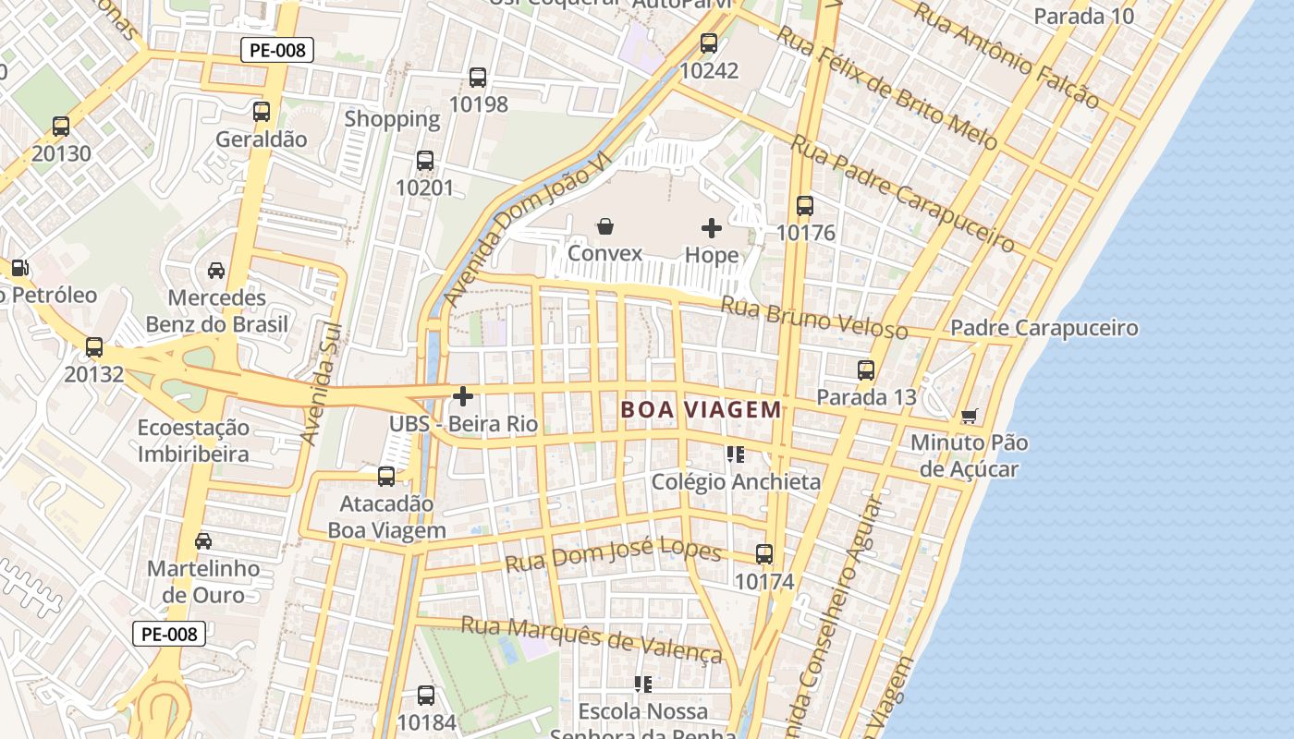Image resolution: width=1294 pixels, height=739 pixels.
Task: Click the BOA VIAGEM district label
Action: tap(702, 409)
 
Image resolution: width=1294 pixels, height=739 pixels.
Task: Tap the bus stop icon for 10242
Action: tap(709, 43)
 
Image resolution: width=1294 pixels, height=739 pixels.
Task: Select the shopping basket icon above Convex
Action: tap(605, 226)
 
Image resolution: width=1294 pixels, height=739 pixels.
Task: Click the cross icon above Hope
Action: tap(712, 227)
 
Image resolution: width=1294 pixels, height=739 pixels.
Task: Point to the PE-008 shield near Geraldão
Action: tap(277, 50)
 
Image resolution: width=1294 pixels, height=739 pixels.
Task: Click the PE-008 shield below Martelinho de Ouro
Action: tap(168, 634)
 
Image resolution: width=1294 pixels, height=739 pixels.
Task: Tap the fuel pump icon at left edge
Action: tap(18, 268)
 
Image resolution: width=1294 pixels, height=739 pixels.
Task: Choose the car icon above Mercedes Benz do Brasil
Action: tap(216, 271)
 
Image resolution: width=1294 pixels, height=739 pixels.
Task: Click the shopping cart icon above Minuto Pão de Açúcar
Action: tap(969, 416)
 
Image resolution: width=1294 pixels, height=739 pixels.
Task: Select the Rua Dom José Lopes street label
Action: tap(613, 555)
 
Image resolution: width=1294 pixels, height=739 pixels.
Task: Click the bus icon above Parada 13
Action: tap(866, 370)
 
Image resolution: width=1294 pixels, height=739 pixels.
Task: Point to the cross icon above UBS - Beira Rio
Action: tap(463, 397)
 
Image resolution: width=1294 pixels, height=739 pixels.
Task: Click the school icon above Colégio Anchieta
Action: tap(736, 454)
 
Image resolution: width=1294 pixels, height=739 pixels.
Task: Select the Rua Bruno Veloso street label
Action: tap(813, 318)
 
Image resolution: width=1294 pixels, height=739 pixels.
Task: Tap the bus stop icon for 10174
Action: tap(764, 554)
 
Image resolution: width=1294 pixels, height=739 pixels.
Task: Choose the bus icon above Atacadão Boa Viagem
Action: tap(386, 477)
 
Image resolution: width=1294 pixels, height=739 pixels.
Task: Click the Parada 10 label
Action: tap(1083, 16)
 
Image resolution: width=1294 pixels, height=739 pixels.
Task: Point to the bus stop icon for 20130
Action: tap(61, 127)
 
